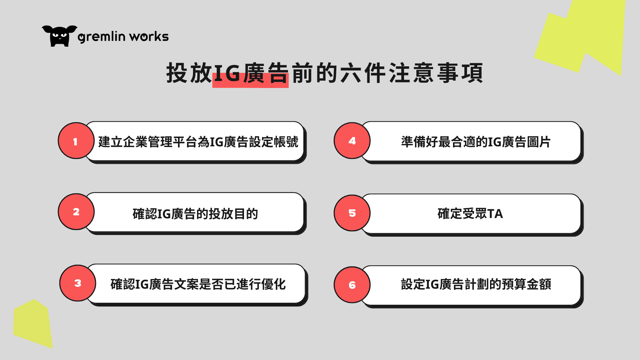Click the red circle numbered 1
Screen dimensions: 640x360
point(76,141)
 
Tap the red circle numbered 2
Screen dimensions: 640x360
point(76,212)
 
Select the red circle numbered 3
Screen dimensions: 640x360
point(78,283)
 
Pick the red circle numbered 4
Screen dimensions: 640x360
point(352,141)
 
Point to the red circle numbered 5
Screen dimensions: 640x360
point(352,213)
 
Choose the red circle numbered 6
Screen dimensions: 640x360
point(352,285)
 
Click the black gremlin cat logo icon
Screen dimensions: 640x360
point(59,36)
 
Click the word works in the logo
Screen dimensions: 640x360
point(149,36)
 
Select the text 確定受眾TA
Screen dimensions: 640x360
point(470,214)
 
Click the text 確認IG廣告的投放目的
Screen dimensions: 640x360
point(195,214)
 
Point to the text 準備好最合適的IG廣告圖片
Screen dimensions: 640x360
point(476,142)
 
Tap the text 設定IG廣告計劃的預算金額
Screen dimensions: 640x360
point(476,284)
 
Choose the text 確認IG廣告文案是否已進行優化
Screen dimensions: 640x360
point(198,284)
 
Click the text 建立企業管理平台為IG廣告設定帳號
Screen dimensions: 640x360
point(198,142)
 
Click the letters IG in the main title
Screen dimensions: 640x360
point(227,73)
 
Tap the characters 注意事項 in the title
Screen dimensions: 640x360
point(436,73)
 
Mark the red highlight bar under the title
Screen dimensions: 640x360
point(250,81)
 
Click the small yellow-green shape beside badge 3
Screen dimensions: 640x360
point(33,323)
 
